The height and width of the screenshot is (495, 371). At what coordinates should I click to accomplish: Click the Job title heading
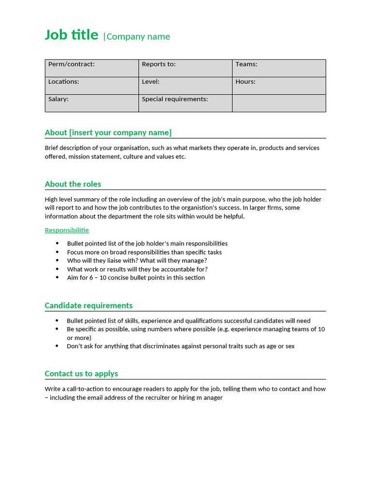pos(71,35)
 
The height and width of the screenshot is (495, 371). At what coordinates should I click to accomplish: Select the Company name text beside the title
pos(138,37)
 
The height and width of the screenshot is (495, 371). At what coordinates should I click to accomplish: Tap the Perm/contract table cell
pos(92,68)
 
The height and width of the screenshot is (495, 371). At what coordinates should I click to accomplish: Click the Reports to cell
pos(185,68)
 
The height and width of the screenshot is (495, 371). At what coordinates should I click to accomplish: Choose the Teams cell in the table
pos(279,68)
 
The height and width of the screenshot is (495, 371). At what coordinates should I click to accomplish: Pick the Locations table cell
pos(92,86)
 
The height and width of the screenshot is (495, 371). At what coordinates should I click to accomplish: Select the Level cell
pos(185,86)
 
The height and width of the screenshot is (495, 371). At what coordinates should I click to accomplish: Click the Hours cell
pos(279,86)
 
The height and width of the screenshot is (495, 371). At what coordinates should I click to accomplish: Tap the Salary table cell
pos(92,103)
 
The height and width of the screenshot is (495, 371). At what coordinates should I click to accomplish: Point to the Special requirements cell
pos(185,103)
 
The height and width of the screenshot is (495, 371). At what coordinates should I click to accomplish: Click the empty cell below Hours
pos(279,103)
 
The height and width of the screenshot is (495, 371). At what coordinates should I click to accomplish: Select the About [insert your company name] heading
pos(108,132)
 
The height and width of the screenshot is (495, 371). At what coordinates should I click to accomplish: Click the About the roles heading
pos(73,184)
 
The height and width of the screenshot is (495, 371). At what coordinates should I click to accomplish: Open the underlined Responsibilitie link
pos(67,230)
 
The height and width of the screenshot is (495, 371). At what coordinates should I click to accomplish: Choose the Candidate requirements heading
pos(88,306)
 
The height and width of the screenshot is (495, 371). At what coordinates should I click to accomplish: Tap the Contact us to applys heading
pos(81,374)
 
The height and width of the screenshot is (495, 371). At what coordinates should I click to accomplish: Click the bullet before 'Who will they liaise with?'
pos(57,261)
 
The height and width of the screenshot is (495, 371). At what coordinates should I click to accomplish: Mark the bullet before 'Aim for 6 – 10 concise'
pos(57,278)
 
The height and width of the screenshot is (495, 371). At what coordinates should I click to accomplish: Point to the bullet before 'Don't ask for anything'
pos(57,346)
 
